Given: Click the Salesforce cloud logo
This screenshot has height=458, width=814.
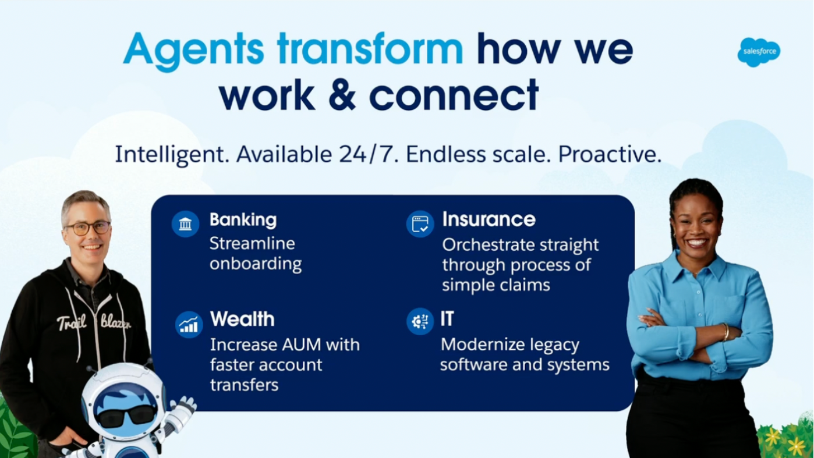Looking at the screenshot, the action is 759,52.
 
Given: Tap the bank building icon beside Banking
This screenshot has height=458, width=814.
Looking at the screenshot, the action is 185,223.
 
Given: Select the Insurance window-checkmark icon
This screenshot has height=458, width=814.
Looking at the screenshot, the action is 420,223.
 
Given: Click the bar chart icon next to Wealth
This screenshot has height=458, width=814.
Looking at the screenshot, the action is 189,324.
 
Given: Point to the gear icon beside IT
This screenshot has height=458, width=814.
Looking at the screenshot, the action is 420,321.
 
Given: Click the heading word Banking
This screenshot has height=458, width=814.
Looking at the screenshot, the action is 243,221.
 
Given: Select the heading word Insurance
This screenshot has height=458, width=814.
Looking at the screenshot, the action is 489,219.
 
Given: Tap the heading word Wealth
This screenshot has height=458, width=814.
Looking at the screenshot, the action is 242,319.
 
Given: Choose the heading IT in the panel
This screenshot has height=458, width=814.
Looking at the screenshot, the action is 447,319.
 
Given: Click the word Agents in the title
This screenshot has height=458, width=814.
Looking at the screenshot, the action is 194,51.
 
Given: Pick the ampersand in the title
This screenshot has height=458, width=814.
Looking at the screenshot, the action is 342,95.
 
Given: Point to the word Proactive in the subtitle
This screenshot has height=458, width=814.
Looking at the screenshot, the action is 610,154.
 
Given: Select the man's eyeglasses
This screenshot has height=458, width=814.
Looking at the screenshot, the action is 87,228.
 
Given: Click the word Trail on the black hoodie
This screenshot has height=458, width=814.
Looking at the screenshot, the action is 72,322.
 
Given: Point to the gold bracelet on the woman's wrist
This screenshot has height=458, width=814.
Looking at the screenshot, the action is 725,332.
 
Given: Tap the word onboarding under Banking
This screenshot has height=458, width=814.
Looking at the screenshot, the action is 256,264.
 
